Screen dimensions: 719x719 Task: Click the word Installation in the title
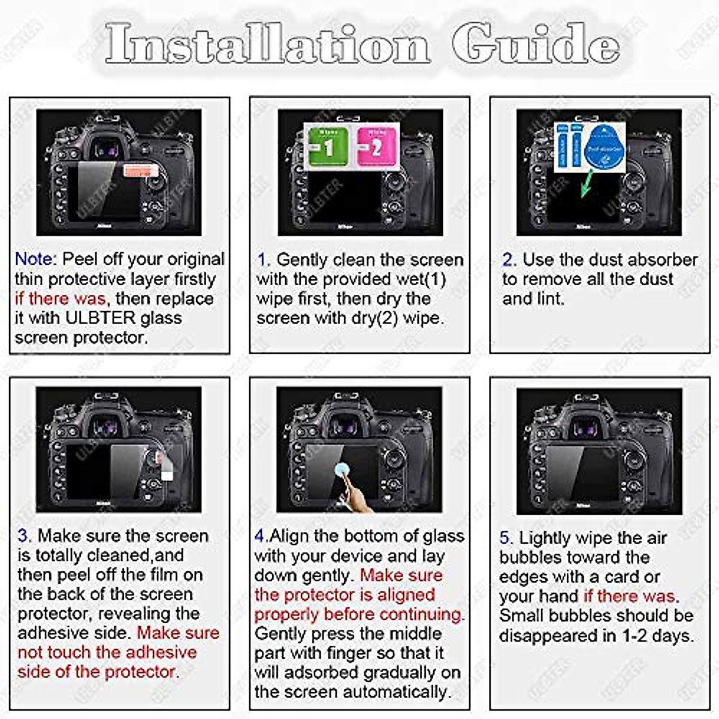[267, 44]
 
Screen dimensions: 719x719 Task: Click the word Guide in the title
[535, 44]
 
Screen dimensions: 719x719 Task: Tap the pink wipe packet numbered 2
[376, 146]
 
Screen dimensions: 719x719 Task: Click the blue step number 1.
[262, 260]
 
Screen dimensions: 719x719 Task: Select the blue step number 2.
[509, 260]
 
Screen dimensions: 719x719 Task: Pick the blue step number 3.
[24, 536]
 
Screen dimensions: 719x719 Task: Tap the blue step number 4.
[260, 536]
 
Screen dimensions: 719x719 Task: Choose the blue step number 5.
[506, 538]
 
